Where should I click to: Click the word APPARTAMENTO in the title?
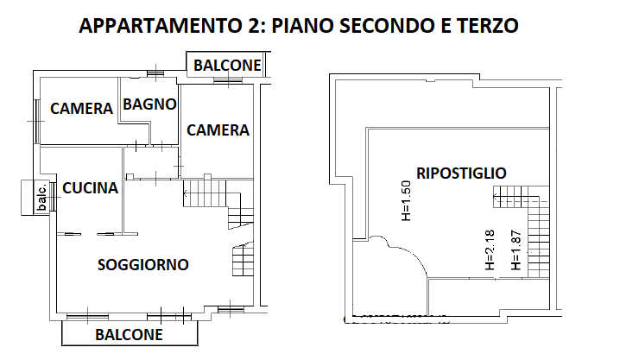pos(160,25)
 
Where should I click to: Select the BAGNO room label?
pos(149,104)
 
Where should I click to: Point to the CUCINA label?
pos(90,187)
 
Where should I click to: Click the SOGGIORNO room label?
pos(143,265)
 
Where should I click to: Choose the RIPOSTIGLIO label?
pos(461,173)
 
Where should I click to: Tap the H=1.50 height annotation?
pos(407,201)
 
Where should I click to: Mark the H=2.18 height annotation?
pos(490,249)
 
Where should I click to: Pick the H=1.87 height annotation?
pos(516,249)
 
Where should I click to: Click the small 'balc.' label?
pos(41,197)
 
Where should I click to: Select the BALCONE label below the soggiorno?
pos(129,335)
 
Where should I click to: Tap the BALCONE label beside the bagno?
pos(227,65)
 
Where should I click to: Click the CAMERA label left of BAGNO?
pos(81,108)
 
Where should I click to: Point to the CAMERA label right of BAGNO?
pos(218,130)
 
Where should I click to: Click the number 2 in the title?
pos(251,25)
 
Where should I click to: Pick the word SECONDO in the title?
pos(388,25)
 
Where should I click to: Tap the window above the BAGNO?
pos(155,73)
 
